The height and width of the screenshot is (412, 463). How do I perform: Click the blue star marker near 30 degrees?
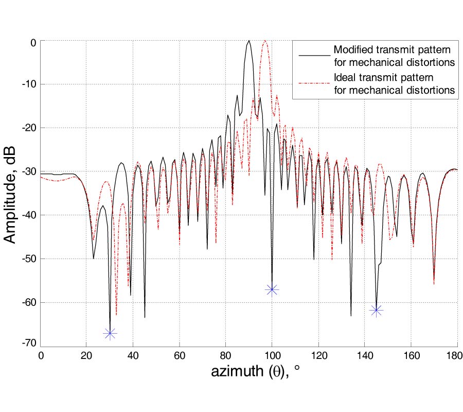point(110,334)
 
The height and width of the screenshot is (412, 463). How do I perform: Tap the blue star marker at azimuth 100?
point(272,290)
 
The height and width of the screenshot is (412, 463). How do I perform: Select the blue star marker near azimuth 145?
point(377,310)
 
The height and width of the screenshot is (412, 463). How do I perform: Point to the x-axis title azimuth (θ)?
point(255,372)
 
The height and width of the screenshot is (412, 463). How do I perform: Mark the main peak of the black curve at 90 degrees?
point(249,41)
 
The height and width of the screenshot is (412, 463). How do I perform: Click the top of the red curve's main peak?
point(265,41)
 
